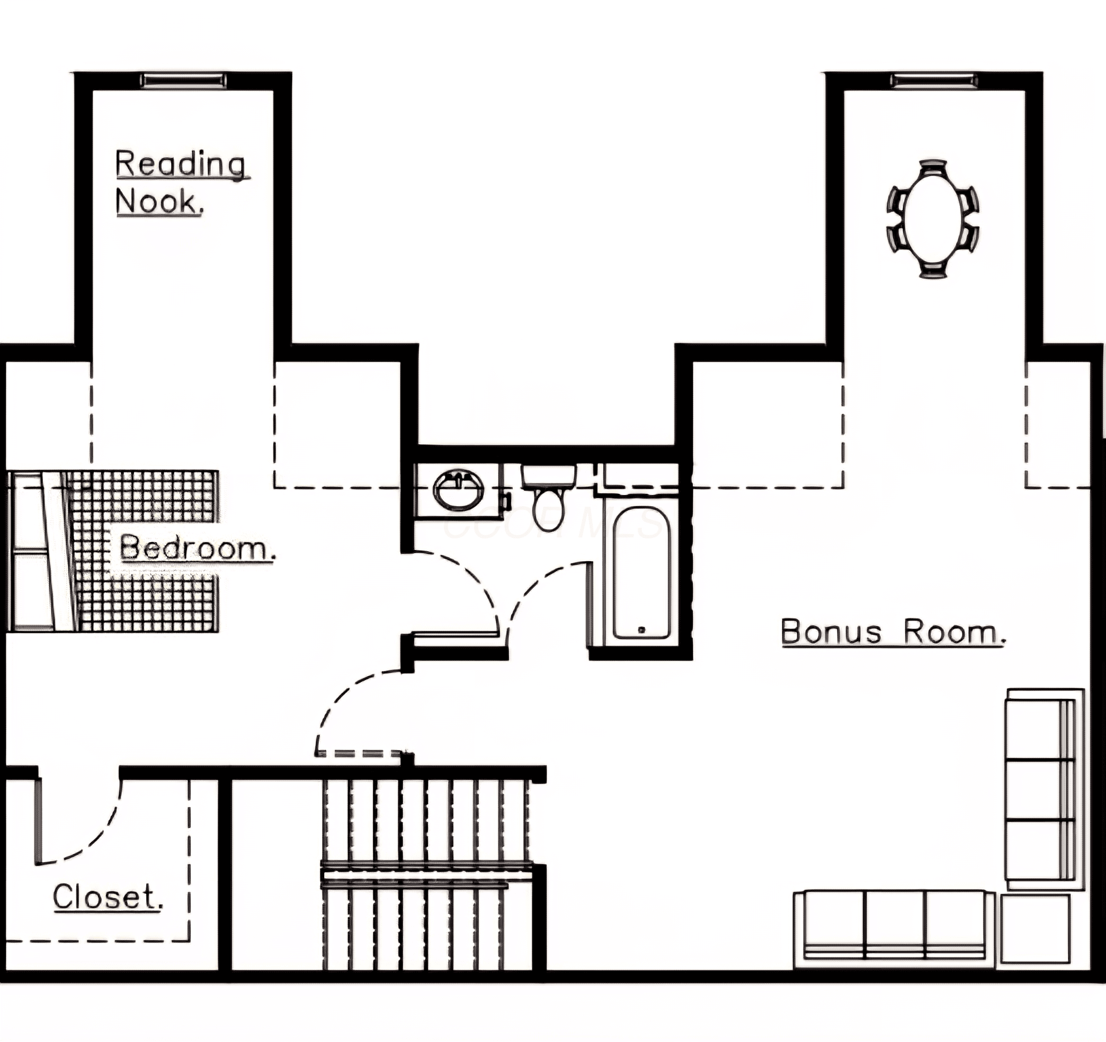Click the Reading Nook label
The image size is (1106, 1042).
tap(182, 182)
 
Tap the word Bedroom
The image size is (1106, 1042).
tap(198, 549)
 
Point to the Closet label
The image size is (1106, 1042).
tap(108, 897)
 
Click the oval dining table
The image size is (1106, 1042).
tap(934, 219)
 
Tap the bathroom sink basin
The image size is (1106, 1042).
tap(458, 490)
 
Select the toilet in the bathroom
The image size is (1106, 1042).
tap(549, 498)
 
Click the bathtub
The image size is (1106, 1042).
tap(641, 573)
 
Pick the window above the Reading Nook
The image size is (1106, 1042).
tap(184, 80)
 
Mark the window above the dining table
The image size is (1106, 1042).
tap(934, 80)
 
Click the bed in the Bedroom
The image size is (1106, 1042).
tap(114, 551)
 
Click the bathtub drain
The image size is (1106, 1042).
tap(641, 630)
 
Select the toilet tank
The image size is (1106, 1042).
tap(549, 476)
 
